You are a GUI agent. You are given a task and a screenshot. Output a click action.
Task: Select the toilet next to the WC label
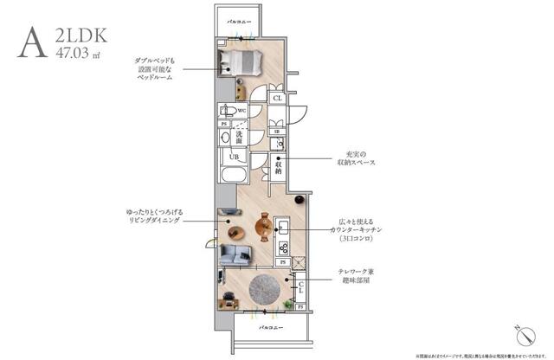tap(227, 112)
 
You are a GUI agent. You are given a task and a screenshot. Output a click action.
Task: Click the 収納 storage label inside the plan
tap(279, 166)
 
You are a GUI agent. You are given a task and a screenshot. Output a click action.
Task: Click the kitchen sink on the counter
tap(282, 228)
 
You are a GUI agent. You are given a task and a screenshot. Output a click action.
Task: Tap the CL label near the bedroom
tap(277, 99)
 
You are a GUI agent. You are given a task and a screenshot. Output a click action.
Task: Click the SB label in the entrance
tap(276, 132)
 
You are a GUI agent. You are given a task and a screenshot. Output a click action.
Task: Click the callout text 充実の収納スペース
tap(356, 161)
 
